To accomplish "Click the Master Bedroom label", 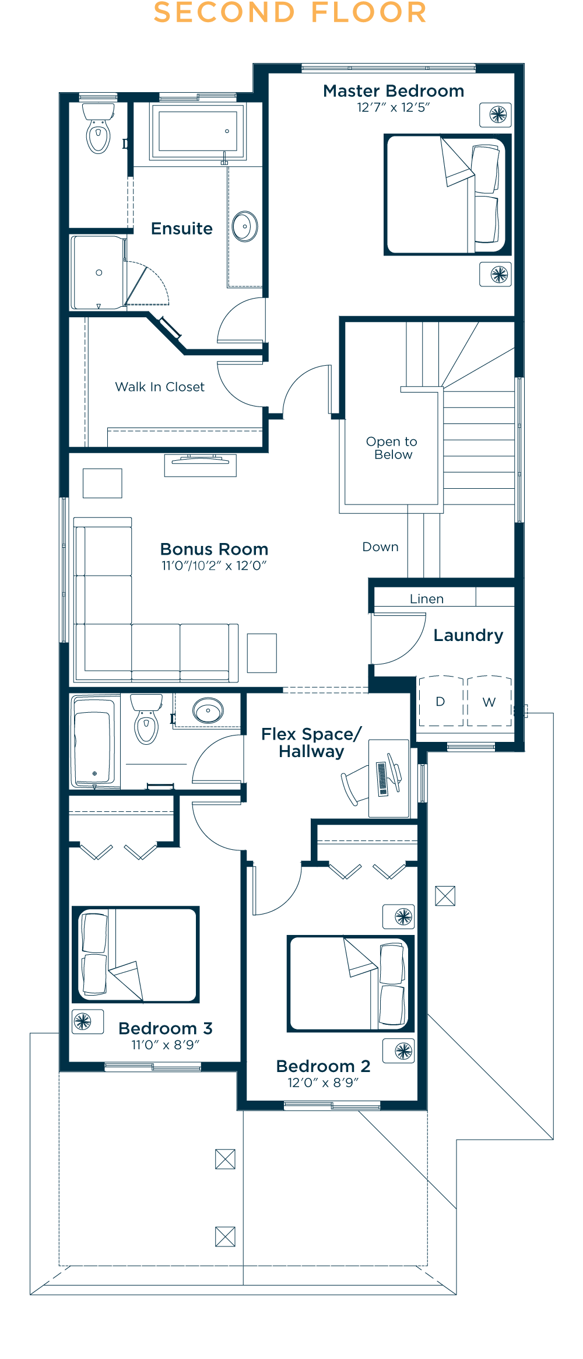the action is point(394,91).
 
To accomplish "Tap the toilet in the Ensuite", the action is point(99,128).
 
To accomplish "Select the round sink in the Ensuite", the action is point(245,226).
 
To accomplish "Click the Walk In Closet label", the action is point(160,387).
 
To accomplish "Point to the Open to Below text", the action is point(392,448).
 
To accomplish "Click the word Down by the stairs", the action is point(381,547).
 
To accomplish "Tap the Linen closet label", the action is point(427,599).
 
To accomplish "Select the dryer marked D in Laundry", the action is point(441,700).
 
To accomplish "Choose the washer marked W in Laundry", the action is point(489,700).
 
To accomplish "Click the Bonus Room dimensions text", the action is point(214,565).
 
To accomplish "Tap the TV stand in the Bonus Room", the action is point(200,465).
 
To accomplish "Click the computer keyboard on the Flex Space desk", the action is point(382,779).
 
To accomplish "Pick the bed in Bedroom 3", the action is point(136,954).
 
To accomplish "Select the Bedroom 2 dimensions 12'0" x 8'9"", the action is point(323,1083).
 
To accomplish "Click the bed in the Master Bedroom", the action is point(447,194).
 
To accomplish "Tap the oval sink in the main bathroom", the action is point(208,711).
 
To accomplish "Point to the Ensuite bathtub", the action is point(198,131).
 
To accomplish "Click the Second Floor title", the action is point(290,13).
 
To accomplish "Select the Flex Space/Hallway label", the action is point(311,742).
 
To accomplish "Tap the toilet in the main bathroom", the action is point(146,719).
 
